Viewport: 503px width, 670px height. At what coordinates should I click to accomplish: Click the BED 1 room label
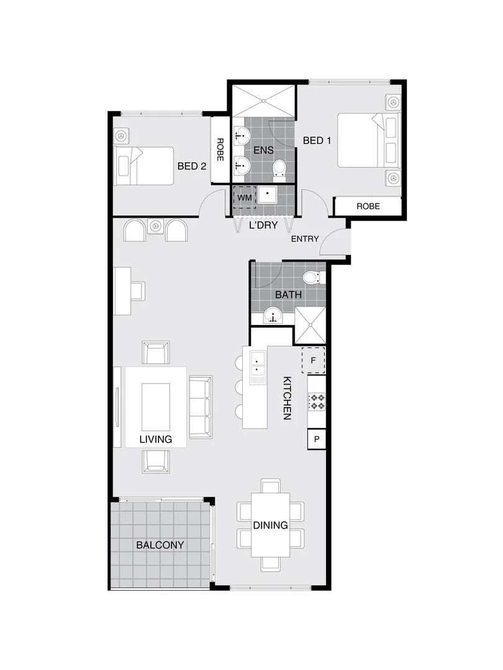pyautogui.click(x=317, y=141)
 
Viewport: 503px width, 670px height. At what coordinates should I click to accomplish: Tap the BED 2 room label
pyautogui.click(x=191, y=166)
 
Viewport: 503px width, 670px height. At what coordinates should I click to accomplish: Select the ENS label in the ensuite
pyautogui.click(x=264, y=150)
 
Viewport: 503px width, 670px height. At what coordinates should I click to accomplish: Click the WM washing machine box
pyautogui.click(x=243, y=197)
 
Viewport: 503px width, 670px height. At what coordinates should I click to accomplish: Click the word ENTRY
pyautogui.click(x=304, y=239)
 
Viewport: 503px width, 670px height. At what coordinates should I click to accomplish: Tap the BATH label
pyautogui.click(x=289, y=295)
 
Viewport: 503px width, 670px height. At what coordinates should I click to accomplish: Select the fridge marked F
pyautogui.click(x=313, y=360)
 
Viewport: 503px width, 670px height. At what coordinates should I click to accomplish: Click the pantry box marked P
pyautogui.click(x=317, y=439)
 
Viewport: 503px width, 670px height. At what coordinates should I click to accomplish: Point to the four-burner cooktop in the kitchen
pyautogui.click(x=317, y=402)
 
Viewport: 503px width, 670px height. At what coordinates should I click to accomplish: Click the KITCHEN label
pyautogui.click(x=288, y=398)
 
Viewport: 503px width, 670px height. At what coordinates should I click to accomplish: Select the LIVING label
pyautogui.click(x=155, y=439)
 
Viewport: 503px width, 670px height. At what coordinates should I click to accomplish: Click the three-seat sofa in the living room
pyautogui.click(x=200, y=406)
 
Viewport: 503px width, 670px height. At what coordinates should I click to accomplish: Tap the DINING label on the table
pyautogui.click(x=270, y=525)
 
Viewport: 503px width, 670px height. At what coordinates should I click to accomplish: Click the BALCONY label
pyautogui.click(x=160, y=545)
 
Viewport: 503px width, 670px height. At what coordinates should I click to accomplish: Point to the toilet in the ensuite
pyautogui.click(x=279, y=167)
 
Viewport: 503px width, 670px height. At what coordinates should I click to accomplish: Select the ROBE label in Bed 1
pyautogui.click(x=368, y=206)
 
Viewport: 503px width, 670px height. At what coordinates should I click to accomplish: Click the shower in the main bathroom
pyautogui.click(x=309, y=325)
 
